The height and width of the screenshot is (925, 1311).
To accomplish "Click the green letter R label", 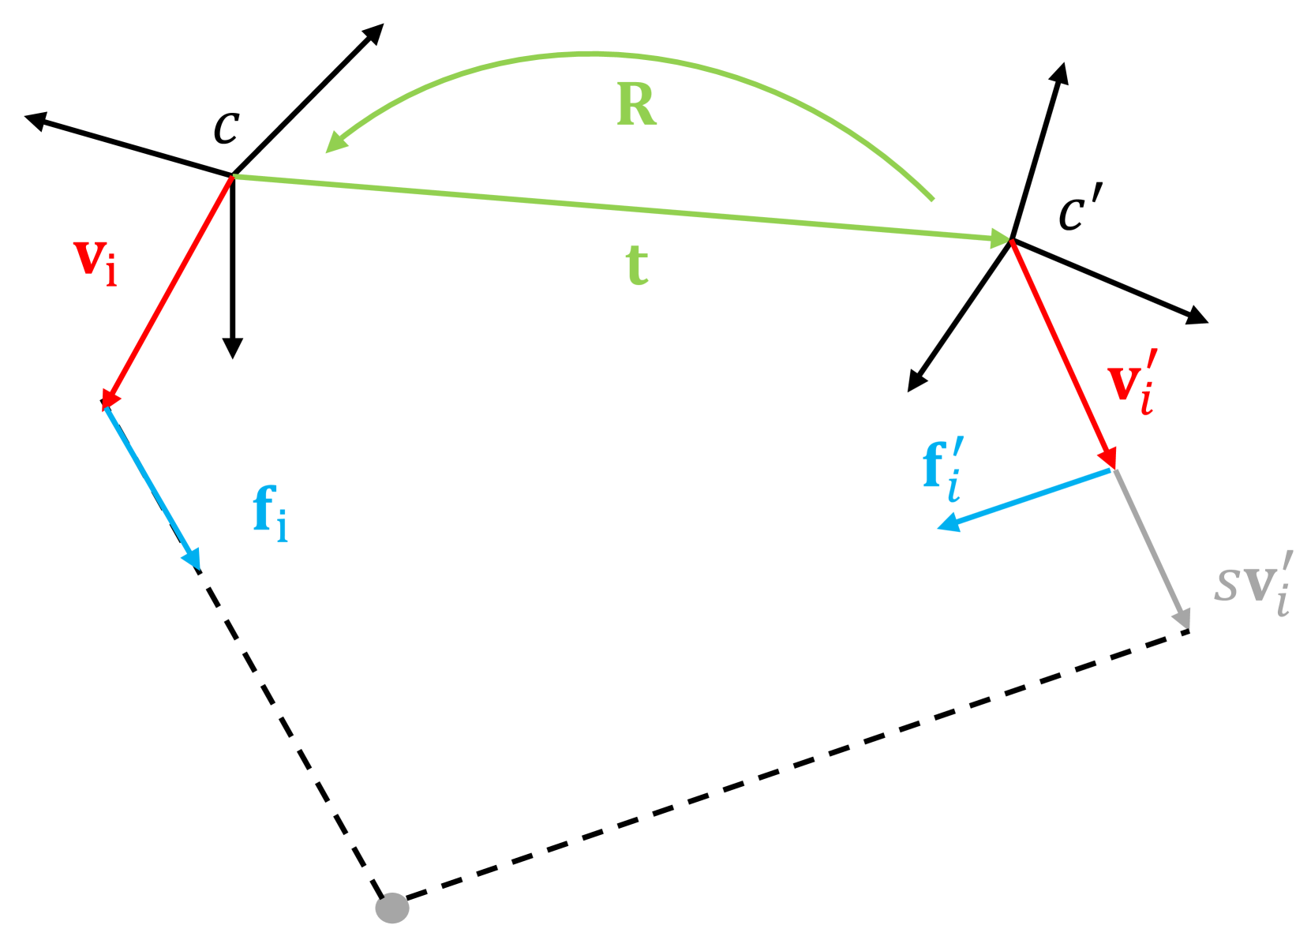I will (x=636, y=105).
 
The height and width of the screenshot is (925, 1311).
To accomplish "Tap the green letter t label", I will (x=637, y=265).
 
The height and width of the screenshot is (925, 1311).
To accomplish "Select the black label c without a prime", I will (x=227, y=128).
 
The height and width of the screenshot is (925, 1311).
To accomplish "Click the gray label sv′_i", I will (x=1254, y=584).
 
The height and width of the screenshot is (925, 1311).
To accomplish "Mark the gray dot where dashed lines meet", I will (x=392, y=908).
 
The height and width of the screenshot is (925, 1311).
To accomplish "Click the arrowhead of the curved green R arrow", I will (x=336, y=143).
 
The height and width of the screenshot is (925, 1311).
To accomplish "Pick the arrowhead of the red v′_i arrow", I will (x=1109, y=459).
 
